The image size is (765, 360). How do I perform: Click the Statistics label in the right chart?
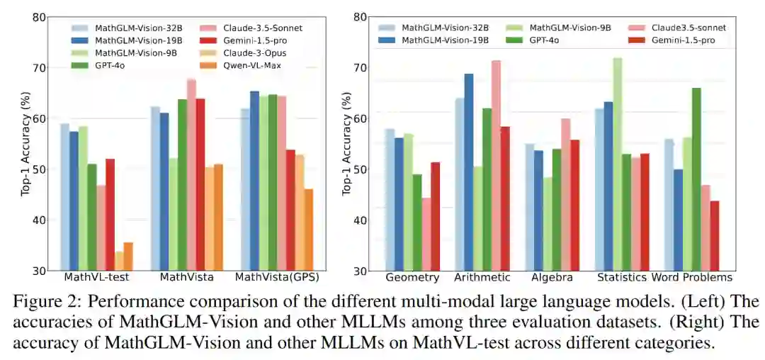[621, 277]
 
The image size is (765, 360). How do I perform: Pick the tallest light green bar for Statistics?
[617, 164]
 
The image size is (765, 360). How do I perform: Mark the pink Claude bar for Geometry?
[426, 234]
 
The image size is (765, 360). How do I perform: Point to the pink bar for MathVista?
[191, 174]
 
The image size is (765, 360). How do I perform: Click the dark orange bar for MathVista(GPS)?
[308, 230]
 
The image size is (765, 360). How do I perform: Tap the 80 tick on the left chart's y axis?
[40, 17]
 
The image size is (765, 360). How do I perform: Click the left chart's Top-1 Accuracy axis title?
[25, 144]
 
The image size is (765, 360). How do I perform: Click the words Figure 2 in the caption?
[43, 300]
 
